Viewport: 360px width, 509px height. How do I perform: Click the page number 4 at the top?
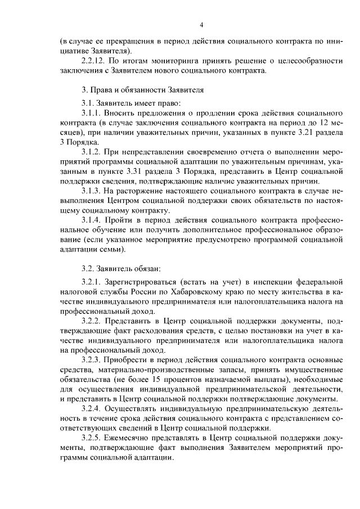pyautogui.click(x=201, y=25)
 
